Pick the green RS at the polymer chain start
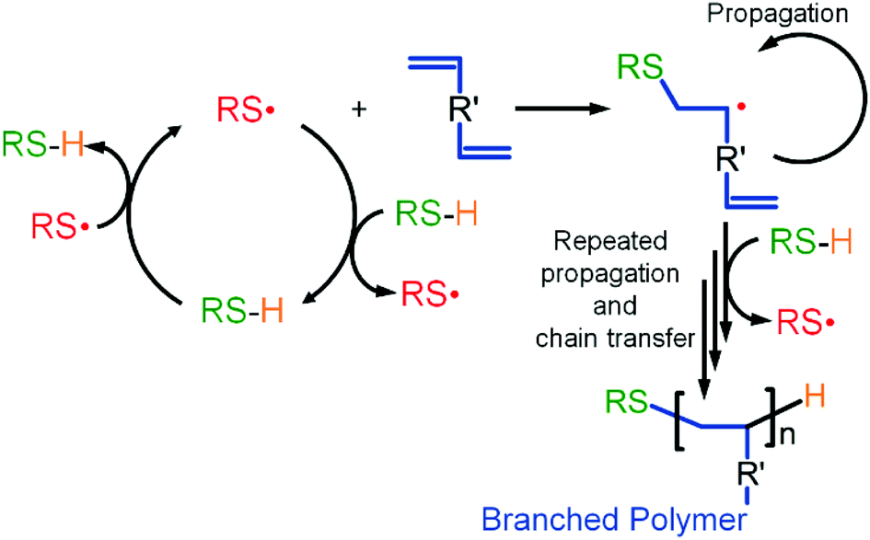coord(625,400)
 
